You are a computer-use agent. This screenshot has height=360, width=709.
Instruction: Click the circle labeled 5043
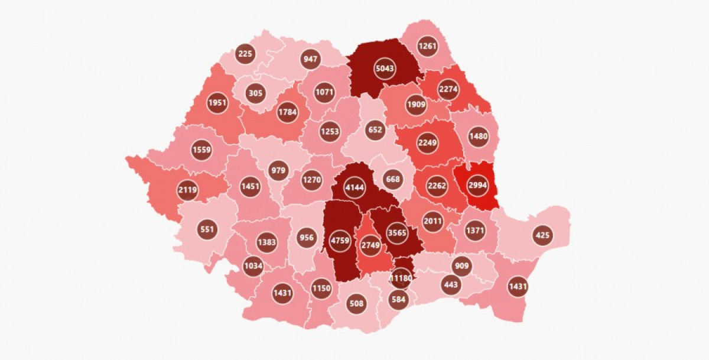[x=385, y=69]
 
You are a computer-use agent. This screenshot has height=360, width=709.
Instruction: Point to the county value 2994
[x=477, y=185]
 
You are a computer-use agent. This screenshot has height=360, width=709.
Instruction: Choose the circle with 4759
[x=339, y=241]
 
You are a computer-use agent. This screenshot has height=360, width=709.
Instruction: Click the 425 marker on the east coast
[x=542, y=235]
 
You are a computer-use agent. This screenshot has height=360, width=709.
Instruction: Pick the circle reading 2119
[x=188, y=190]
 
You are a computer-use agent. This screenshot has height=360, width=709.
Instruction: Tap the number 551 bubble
[x=207, y=229]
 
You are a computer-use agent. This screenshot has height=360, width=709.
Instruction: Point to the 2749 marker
[x=371, y=245]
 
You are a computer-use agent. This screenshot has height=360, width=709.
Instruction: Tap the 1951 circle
[x=217, y=103]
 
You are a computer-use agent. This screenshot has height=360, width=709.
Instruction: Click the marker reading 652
[x=375, y=130]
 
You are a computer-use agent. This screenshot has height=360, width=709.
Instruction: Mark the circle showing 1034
[x=253, y=266]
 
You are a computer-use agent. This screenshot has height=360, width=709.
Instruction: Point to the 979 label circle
[x=278, y=171]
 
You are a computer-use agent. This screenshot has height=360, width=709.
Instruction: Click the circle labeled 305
[x=255, y=93]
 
